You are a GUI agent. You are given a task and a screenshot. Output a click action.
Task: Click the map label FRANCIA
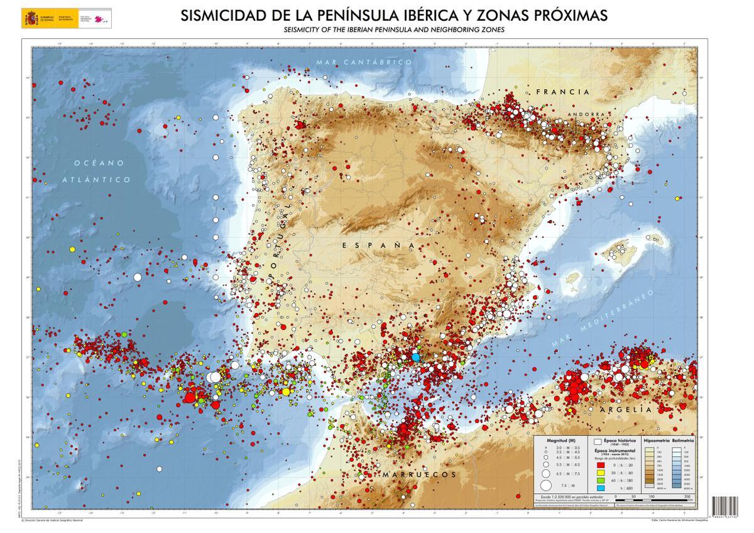click(x=563, y=92)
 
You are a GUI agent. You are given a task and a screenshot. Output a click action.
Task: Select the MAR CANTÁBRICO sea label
click(x=364, y=62)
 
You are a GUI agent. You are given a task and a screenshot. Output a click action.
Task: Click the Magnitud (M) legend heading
click(x=561, y=441)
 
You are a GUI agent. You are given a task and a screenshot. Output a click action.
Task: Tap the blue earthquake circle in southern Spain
click(x=415, y=357)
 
